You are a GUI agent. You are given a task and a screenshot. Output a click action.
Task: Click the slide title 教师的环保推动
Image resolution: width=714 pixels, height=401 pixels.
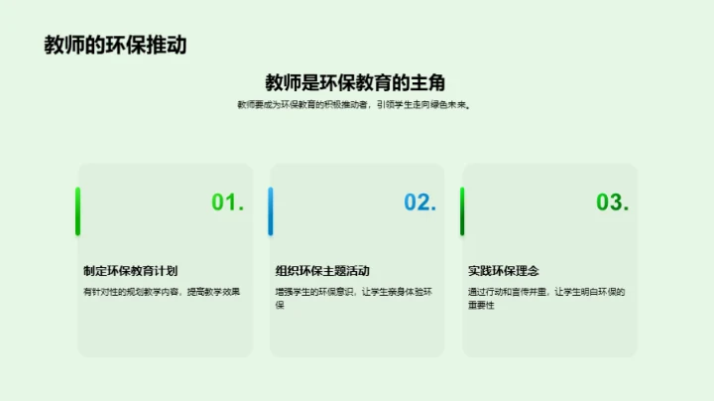115,46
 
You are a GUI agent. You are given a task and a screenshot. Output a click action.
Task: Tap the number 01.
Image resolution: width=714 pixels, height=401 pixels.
227,202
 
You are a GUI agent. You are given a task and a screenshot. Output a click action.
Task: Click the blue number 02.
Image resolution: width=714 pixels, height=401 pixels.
419,202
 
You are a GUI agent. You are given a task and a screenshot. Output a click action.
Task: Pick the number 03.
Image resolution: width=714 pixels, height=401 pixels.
612,202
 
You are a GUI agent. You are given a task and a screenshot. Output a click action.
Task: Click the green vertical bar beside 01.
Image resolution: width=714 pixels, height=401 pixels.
78,211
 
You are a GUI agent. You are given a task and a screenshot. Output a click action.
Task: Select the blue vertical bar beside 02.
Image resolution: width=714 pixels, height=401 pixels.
270,211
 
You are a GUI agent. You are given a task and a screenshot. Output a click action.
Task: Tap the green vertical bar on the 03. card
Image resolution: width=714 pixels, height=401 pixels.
462,211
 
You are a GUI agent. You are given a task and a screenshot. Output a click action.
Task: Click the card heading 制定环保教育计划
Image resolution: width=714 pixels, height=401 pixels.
131,270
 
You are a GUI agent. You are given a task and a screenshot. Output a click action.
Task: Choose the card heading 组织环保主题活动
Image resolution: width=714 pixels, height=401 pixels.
323,270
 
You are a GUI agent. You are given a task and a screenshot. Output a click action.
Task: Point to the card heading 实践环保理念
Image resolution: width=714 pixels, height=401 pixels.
504,270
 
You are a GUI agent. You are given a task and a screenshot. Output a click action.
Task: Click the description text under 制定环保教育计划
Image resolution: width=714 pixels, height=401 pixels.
162,292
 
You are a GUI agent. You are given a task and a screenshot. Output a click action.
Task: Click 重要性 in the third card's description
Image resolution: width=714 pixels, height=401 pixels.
482,305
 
